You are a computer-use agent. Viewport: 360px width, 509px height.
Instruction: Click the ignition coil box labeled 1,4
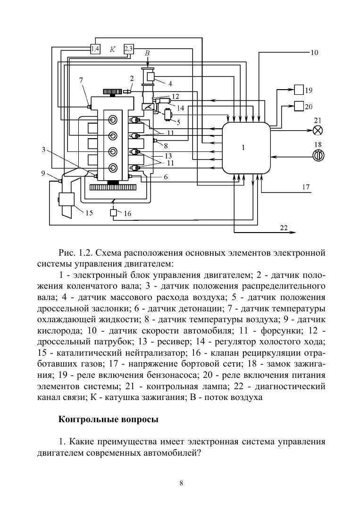(95, 48)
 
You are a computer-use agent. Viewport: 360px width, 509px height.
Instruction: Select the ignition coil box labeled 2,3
(129, 48)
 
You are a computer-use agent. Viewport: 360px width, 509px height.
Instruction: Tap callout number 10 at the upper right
(314, 53)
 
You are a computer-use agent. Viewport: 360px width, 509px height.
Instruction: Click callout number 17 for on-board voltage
(306, 187)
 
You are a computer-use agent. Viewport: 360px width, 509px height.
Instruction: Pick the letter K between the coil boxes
(112, 49)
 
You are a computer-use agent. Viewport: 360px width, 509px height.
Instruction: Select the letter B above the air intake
(147, 54)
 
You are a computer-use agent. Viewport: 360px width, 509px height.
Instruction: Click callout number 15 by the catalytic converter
(89, 213)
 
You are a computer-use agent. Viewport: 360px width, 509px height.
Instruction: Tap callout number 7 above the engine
(81, 80)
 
